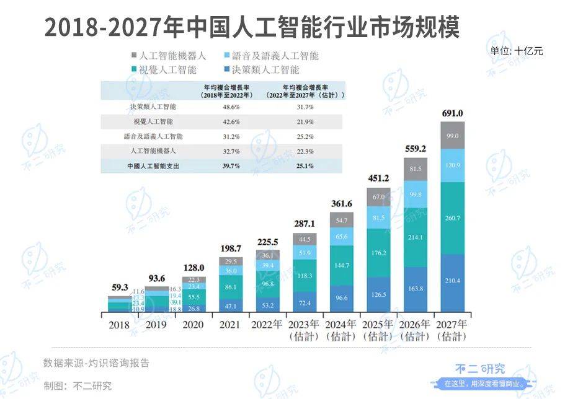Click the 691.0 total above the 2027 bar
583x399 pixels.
(x=452, y=113)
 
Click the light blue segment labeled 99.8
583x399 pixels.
(x=415, y=195)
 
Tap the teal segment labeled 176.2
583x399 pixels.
(x=378, y=253)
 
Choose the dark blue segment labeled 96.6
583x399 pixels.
(x=341, y=298)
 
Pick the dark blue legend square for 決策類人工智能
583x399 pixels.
(x=228, y=69)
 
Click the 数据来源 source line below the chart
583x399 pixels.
(x=96, y=363)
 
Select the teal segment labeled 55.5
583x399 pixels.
(x=193, y=297)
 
